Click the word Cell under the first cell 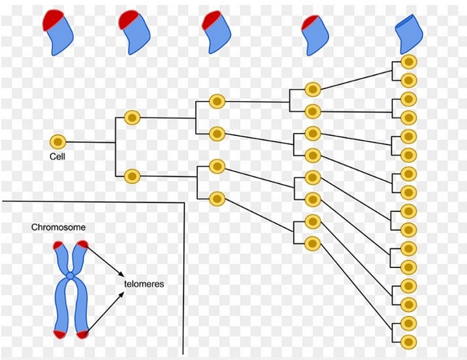57,156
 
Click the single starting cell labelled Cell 58,142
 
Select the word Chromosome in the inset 58,227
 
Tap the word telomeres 144,284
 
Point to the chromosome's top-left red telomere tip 58,245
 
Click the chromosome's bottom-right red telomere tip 83,334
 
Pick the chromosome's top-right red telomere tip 81,245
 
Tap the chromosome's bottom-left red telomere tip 58,334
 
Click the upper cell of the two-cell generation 132,117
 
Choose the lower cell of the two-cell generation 132,176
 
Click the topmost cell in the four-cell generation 217,101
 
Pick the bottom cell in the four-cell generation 217,199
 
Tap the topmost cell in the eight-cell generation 313,89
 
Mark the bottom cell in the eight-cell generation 313,243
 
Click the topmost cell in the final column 408,62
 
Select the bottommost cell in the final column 408,341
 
